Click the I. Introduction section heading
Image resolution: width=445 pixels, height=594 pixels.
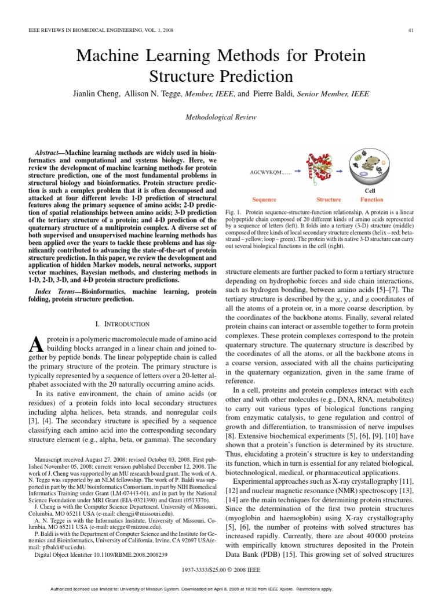[x=122, y=324]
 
